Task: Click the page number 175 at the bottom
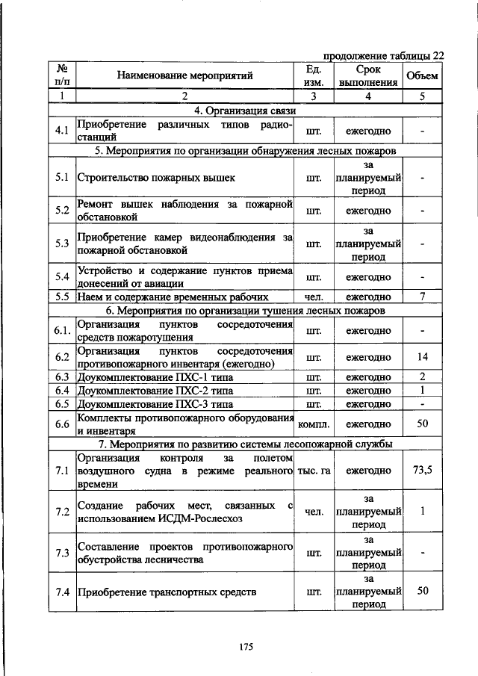coord(238,647)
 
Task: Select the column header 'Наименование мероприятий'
coord(184,75)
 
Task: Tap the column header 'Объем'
coord(422,75)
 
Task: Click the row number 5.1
coord(62,178)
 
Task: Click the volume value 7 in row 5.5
coord(422,297)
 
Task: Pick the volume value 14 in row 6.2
coord(422,357)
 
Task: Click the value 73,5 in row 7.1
coord(422,470)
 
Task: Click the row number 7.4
coord(62,592)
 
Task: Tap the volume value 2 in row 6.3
coord(422,376)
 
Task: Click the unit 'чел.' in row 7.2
coord(314,512)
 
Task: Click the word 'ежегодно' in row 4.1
coord(368,131)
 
